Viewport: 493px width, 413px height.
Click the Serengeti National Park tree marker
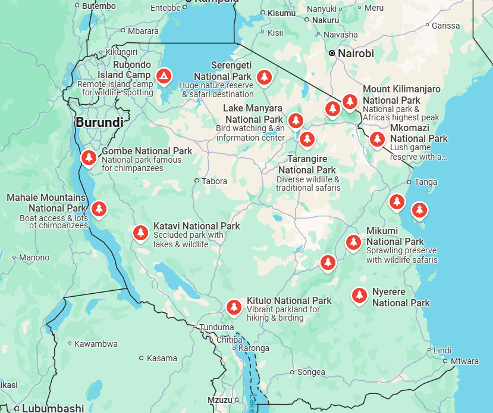(x=264, y=76)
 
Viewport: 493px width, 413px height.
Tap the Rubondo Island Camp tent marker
(x=164, y=76)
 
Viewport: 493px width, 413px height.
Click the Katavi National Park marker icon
(x=140, y=232)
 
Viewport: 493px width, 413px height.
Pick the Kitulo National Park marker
(x=234, y=307)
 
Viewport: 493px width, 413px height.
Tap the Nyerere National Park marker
(x=359, y=295)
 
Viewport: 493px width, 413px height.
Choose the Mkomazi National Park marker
(x=377, y=139)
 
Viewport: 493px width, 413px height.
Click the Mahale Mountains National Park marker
(x=99, y=209)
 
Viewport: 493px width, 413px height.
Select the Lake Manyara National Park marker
(x=296, y=120)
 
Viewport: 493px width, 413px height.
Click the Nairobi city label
(x=356, y=54)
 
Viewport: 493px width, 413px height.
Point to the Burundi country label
(x=99, y=123)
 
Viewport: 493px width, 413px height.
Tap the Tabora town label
(x=214, y=181)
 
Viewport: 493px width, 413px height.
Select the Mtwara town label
(x=464, y=361)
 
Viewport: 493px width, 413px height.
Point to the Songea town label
(x=311, y=372)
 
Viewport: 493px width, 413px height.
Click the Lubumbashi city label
(x=53, y=408)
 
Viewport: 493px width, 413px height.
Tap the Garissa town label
(x=445, y=26)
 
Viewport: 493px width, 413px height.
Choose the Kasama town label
(x=162, y=358)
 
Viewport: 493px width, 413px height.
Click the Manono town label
(x=34, y=258)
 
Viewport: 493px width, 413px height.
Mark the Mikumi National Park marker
(x=353, y=242)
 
